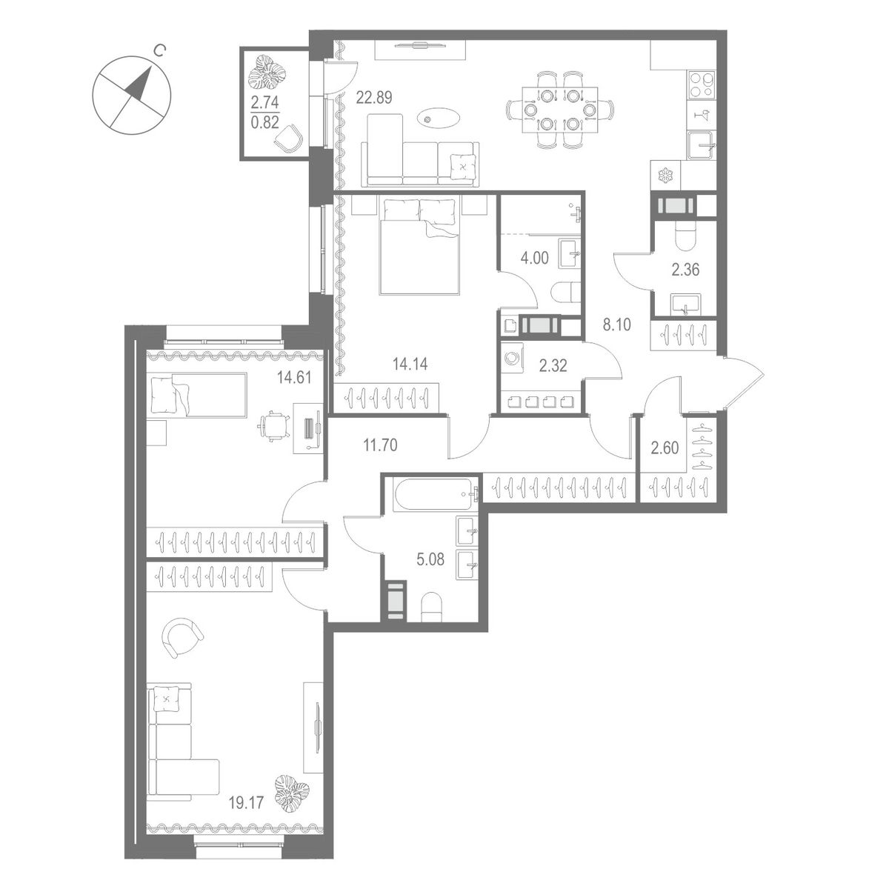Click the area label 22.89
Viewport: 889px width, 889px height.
374,98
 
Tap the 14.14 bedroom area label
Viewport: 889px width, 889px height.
410,364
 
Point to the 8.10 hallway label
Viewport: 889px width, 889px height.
617,324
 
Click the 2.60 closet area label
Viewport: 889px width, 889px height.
665,447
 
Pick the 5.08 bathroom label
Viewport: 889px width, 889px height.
430,559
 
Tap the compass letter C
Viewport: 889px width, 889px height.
159,50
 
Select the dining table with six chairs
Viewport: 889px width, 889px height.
559,110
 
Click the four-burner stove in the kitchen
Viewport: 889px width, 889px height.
702,85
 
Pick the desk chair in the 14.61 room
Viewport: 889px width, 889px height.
274,426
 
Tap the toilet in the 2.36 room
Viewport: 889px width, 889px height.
687,236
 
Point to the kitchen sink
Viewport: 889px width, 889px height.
702,145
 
